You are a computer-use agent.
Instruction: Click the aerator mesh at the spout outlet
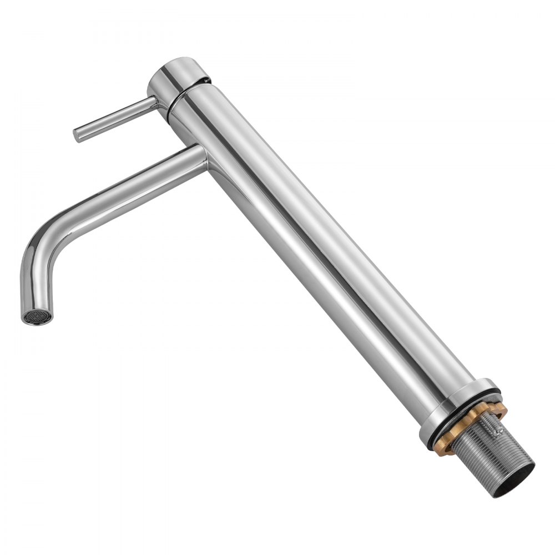click(x=38, y=316)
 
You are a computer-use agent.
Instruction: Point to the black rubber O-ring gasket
click(x=466, y=413)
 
